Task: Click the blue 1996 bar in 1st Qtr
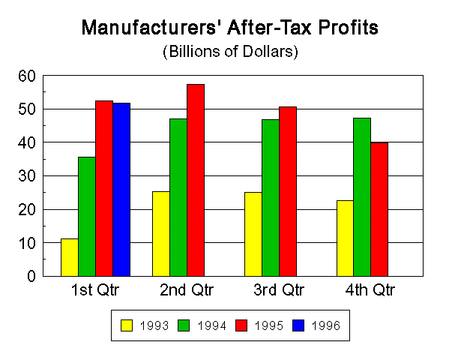tap(121, 189)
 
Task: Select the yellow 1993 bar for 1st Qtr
tap(70, 257)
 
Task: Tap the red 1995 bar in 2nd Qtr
tap(196, 180)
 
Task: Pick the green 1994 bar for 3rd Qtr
tap(270, 197)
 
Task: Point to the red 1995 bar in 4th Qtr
tap(379, 209)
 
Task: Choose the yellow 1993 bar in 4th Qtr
tap(345, 238)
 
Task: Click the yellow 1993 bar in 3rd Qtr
tap(253, 234)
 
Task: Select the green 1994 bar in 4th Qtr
tap(362, 196)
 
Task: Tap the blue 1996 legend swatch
tap(304, 325)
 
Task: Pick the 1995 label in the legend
tap(268, 325)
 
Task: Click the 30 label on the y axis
tap(27, 176)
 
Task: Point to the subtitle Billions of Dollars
tap(231, 52)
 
